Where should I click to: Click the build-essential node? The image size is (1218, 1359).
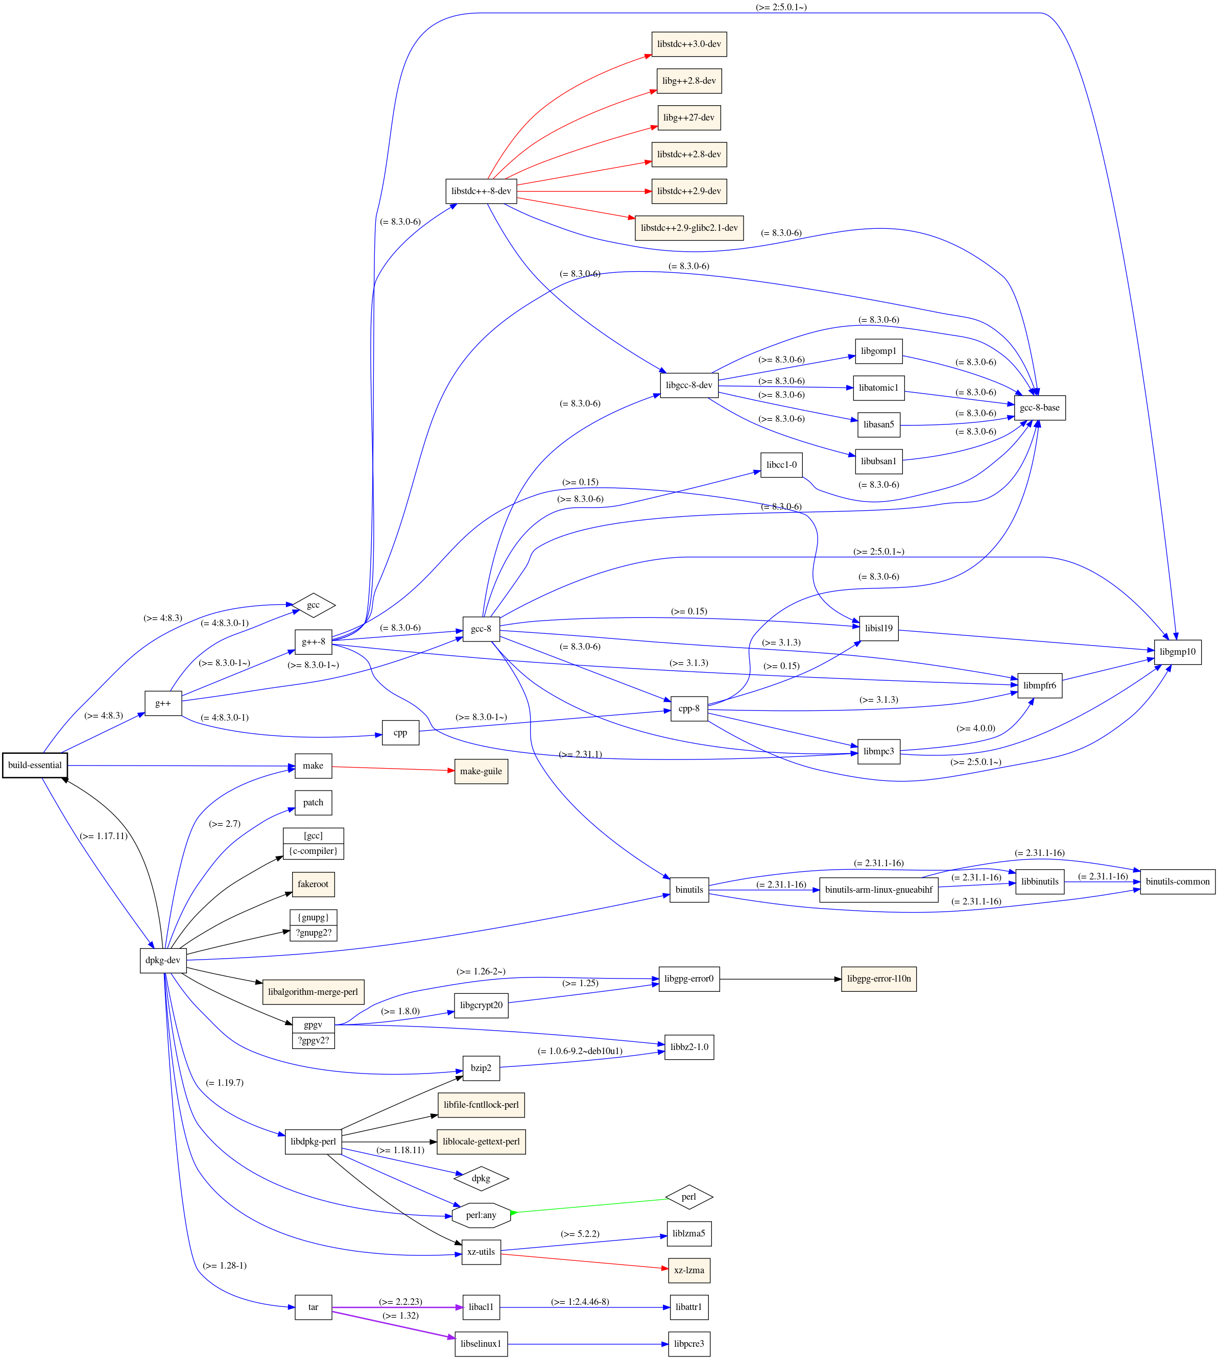point(35,765)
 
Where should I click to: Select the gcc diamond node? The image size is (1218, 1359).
point(313,605)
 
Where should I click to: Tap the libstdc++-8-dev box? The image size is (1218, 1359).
point(481,192)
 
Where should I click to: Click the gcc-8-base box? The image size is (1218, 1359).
point(1039,408)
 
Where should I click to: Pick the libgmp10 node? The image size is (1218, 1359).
point(1177,652)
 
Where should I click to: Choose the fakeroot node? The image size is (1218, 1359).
point(313,884)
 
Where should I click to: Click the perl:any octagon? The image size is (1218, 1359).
point(481,1215)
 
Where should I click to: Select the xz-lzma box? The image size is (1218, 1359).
point(688,1270)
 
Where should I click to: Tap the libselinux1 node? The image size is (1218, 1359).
point(481,1344)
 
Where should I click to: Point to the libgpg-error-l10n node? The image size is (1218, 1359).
point(879,979)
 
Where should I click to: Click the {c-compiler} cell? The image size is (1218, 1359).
point(313,851)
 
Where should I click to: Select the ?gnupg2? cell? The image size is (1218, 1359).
point(313,933)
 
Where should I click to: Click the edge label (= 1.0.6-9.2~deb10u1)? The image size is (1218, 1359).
point(580,1051)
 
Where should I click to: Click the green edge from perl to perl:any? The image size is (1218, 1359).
point(589,1206)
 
